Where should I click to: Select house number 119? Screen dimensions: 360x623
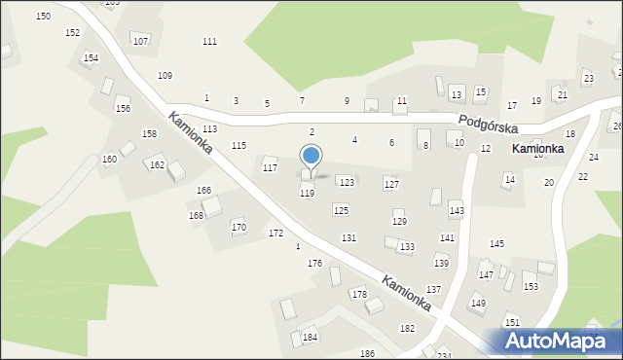tap(307, 194)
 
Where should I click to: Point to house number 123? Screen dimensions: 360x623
tap(346, 182)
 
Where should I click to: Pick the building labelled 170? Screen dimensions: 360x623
tap(238, 227)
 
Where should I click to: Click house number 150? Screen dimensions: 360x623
tap(43, 17)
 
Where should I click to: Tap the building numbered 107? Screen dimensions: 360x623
tap(141, 41)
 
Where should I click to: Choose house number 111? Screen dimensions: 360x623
tap(209, 42)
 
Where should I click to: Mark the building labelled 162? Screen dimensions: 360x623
tap(157, 165)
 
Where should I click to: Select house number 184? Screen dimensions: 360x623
tap(310, 337)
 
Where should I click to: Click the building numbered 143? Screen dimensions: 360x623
tap(457, 210)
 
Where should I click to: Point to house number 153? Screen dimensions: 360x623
tap(531, 286)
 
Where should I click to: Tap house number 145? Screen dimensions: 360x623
tap(496, 243)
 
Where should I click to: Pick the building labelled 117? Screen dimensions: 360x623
tap(270, 168)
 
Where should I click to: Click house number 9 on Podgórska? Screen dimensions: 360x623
tap(347, 101)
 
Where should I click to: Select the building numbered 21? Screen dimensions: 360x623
tap(562, 94)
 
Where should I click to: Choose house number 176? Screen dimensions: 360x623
tap(314, 264)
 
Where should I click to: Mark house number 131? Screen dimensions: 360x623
tap(348, 238)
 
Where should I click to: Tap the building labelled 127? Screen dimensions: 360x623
tap(390, 184)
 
